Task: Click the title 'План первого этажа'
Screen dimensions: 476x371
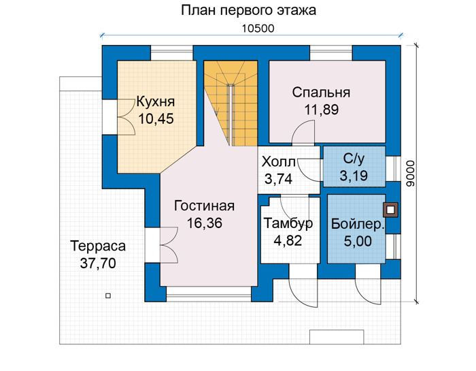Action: point(248,11)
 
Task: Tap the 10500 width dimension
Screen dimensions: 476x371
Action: point(258,29)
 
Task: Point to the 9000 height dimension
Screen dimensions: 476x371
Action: point(410,174)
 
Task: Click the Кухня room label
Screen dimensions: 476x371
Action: point(156,102)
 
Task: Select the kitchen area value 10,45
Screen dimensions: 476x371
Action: point(156,119)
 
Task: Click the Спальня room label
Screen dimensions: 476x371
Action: point(321,93)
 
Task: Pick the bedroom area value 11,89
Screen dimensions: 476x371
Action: point(322,110)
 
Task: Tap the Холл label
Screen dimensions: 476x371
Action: point(279,162)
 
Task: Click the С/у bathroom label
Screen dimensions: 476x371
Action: point(354,159)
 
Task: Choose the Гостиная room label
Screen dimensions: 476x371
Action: point(204,206)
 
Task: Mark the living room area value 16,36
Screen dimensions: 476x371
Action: point(205,223)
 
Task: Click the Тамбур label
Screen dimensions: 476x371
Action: point(288,224)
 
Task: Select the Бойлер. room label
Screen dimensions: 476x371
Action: point(358,224)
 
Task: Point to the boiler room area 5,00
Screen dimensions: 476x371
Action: point(358,241)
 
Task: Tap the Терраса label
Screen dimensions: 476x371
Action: point(98,246)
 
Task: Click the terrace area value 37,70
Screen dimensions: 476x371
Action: point(98,263)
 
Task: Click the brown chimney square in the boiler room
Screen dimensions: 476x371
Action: point(390,210)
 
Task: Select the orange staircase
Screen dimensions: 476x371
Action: point(231,103)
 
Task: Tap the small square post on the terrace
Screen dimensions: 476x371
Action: point(107,295)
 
